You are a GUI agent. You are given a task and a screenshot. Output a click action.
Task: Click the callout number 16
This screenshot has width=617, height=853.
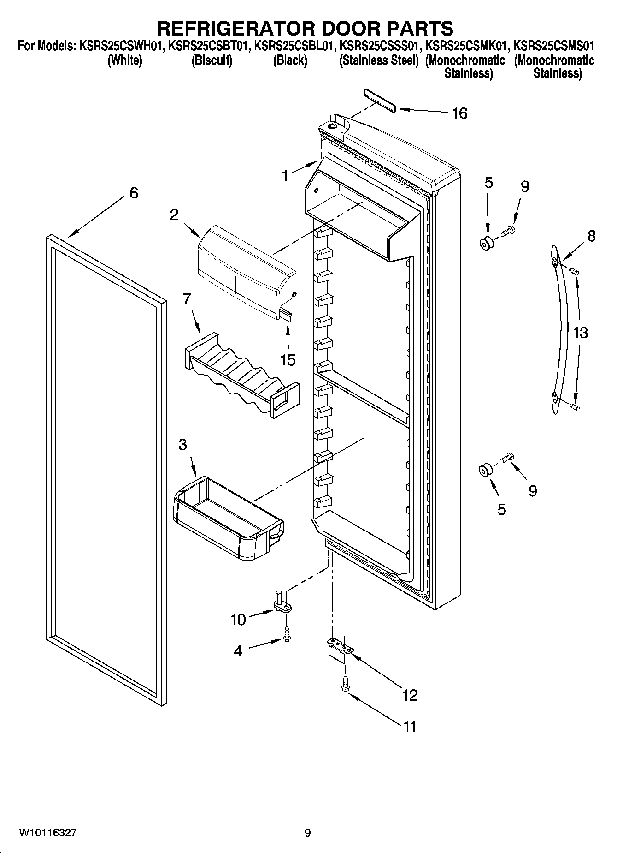[459, 113]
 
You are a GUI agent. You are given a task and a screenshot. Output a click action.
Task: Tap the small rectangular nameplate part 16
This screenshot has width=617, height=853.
[379, 101]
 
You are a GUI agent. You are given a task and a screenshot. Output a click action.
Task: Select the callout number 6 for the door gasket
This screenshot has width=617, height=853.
[133, 192]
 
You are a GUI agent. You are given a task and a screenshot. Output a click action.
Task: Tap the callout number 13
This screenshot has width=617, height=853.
[581, 332]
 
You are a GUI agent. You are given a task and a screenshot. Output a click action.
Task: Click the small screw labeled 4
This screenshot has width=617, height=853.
[287, 636]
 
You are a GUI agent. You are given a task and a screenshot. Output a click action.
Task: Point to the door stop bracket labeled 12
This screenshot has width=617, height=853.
[340, 649]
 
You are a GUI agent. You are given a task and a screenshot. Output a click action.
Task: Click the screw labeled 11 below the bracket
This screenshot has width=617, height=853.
[345, 684]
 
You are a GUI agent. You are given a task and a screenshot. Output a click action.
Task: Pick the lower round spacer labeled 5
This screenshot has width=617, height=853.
[484, 471]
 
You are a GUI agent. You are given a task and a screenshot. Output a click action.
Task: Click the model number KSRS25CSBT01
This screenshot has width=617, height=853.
[210, 47]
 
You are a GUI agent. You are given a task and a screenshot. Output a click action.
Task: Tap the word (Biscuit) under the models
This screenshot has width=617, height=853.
[212, 60]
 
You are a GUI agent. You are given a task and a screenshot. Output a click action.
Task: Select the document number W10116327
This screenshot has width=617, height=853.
[47, 833]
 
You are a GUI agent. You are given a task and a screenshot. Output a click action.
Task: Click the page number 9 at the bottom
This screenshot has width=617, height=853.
[307, 833]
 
